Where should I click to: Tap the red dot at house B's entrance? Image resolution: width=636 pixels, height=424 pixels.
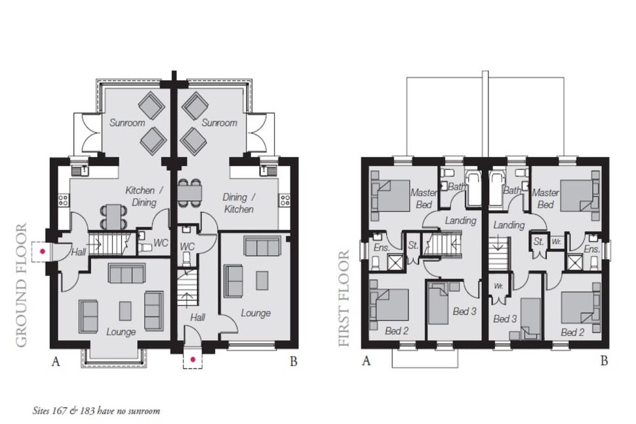[x=193, y=359]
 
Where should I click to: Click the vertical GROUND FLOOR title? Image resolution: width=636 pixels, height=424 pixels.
[x=22, y=285]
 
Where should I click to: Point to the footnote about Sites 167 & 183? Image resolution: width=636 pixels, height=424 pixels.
[x=96, y=411]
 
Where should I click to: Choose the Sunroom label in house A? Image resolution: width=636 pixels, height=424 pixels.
[x=127, y=123]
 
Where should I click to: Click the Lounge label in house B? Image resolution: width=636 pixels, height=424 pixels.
[x=255, y=313]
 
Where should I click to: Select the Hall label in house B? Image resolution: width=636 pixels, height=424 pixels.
[x=197, y=317]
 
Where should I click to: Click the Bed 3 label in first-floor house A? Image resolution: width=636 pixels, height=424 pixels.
[x=464, y=311]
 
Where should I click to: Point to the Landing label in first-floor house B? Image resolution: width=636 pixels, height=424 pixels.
[x=509, y=225]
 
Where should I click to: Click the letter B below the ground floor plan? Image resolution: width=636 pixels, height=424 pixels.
[x=293, y=360]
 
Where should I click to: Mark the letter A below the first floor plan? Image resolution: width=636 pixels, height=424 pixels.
[x=367, y=360]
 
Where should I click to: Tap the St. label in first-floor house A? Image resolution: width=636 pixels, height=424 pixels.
[x=413, y=245]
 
